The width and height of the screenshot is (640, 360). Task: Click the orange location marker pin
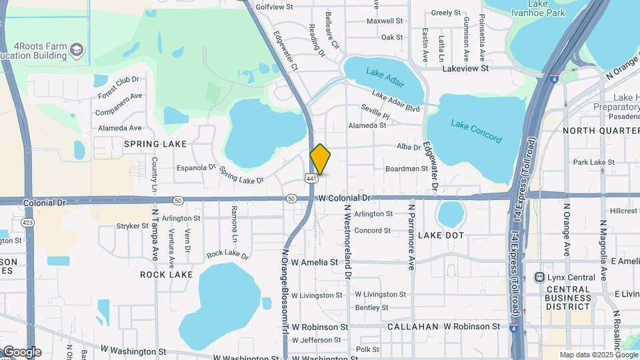(x=320, y=159)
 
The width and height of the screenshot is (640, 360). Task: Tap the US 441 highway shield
(x=306, y=179)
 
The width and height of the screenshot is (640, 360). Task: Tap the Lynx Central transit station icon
(x=540, y=277)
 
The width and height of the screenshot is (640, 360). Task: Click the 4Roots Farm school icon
(x=78, y=49)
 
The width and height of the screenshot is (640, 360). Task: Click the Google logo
(x=22, y=351)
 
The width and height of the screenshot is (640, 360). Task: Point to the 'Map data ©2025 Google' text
(x=598, y=355)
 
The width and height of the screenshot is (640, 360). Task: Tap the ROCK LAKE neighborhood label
(x=166, y=275)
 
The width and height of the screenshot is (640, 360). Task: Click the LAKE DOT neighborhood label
(x=441, y=236)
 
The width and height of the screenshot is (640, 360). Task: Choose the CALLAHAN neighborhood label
(x=413, y=327)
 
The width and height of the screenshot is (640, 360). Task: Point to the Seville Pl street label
(x=375, y=111)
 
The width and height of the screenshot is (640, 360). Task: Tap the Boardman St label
(x=406, y=169)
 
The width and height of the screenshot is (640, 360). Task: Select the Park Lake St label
(x=593, y=162)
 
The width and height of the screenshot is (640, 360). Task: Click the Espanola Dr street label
(x=196, y=169)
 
